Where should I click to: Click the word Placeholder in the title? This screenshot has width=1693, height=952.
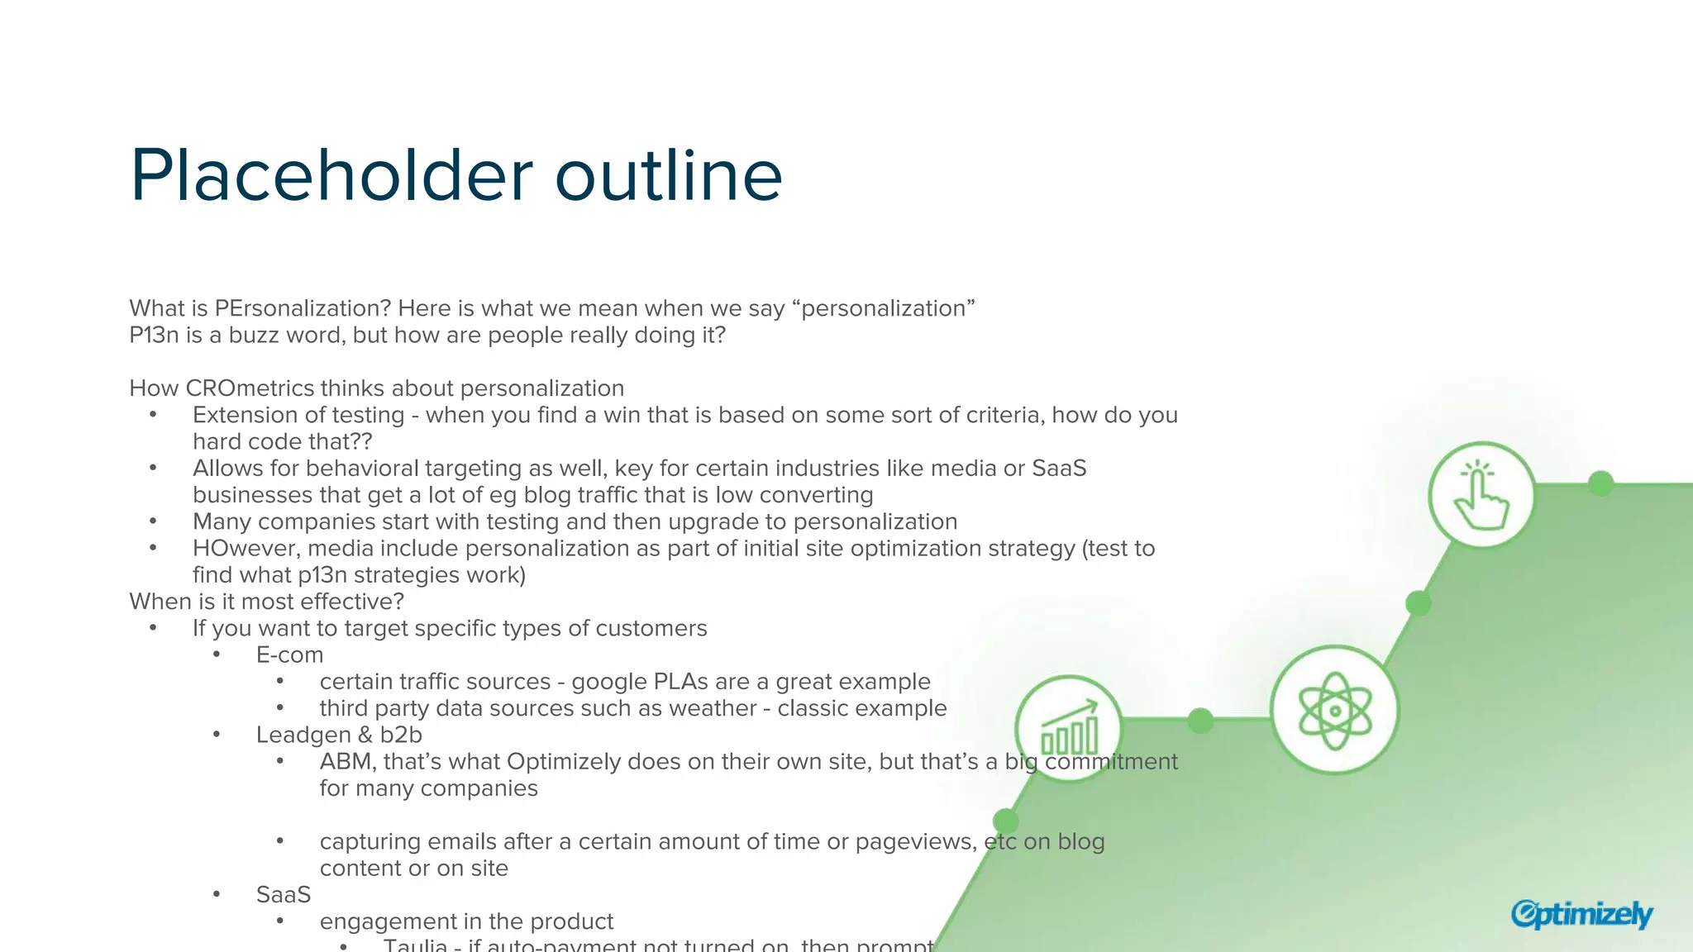(331, 176)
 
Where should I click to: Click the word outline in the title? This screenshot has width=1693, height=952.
(668, 176)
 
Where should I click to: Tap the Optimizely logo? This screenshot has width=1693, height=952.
(1581, 914)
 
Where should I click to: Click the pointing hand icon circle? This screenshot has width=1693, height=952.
(1481, 496)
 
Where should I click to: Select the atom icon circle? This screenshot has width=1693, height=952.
(1334, 710)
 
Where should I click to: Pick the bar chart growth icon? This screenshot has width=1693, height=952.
(1069, 727)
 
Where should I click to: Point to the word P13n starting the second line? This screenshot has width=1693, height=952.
(154, 336)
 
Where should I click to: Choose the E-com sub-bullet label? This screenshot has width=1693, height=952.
(289, 655)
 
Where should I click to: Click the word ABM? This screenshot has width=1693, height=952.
(346, 762)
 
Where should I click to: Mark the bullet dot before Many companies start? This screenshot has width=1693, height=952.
(153, 521)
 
